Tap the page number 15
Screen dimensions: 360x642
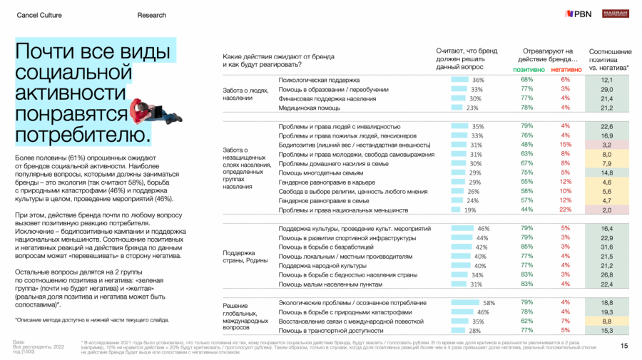point(624,346)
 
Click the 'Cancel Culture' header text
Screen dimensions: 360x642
point(39,15)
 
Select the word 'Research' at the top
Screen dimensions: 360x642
point(151,15)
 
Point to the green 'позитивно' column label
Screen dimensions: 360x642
point(527,70)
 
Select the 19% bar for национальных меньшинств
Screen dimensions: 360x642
point(458,211)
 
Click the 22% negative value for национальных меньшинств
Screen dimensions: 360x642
point(565,211)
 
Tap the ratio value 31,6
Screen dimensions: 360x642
point(608,247)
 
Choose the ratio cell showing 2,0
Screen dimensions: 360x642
point(608,211)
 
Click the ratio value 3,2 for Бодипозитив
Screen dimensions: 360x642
point(608,144)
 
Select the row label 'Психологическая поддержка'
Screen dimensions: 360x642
point(318,80)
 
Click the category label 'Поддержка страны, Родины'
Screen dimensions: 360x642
point(239,257)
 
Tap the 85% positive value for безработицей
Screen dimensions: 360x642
point(527,247)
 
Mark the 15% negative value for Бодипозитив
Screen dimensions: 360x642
point(565,144)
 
